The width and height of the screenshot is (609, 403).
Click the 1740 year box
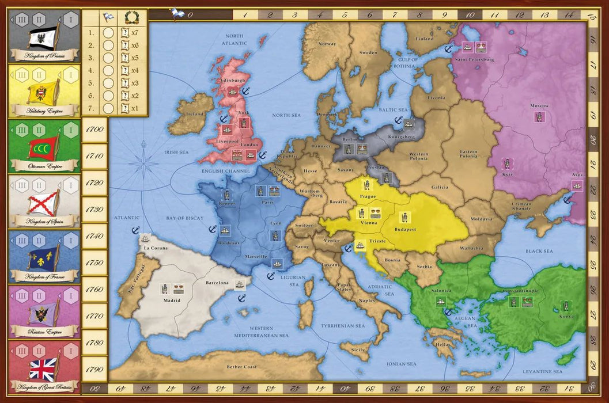[x=94, y=236]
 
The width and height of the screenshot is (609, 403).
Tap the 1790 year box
[x=94, y=370]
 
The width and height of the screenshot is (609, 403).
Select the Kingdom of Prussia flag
[x=44, y=36]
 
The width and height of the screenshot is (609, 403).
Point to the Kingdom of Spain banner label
[x=44, y=220]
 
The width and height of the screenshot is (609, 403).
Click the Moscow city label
[x=539, y=106]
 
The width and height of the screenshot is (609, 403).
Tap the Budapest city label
[x=405, y=229]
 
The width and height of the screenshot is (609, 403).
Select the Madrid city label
[x=171, y=300]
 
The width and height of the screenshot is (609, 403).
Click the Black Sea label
[x=538, y=251]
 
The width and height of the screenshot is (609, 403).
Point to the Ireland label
[x=195, y=114]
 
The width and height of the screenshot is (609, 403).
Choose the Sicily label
[x=357, y=349]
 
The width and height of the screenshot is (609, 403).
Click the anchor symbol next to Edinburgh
[x=244, y=90]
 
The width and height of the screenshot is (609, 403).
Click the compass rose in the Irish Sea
[x=142, y=163]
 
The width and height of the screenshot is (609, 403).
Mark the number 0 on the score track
[x=190, y=15]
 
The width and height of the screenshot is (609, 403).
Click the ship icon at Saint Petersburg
[x=468, y=47]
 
